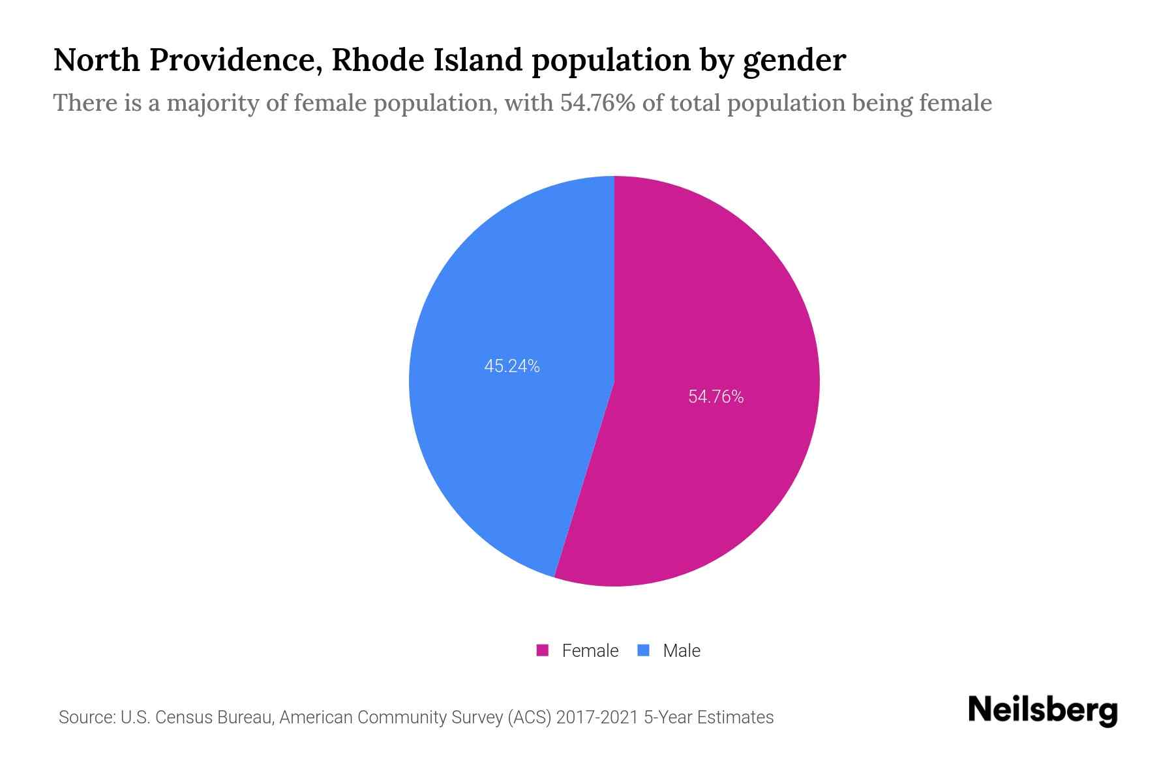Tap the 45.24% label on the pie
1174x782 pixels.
(512, 366)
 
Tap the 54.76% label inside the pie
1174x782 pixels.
(716, 397)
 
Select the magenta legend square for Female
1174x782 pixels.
(542, 650)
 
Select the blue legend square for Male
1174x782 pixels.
(644, 650)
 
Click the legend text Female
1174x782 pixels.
(590, 650)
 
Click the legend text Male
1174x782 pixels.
(682, 650)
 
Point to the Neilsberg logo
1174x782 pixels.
(1042, 710)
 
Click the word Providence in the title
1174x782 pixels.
(235, 60)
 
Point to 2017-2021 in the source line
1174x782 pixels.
(597, 717)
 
